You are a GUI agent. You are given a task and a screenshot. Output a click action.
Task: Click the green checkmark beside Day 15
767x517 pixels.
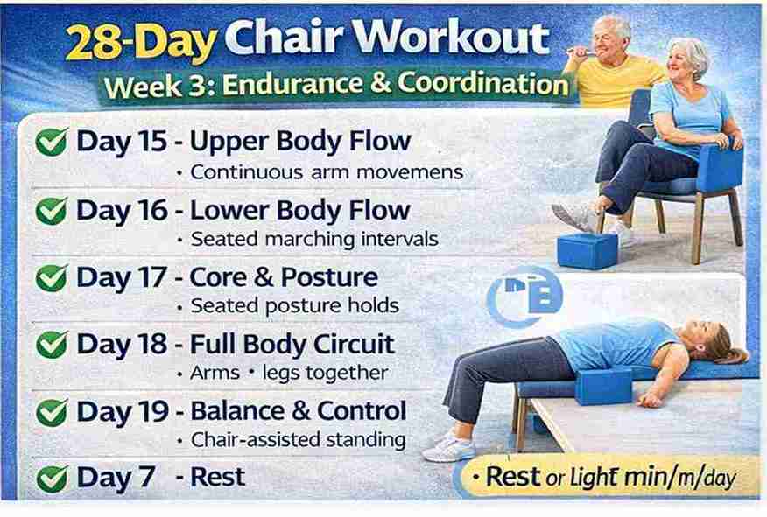coord(52,143)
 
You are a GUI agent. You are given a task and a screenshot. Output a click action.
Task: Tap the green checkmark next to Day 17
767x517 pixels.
coord(52,277)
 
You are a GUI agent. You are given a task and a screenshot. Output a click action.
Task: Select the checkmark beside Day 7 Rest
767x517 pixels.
coord(52,479)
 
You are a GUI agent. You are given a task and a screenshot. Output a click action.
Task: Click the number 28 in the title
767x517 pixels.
coord(93,43)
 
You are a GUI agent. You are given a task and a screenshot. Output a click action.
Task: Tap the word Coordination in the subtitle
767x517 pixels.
coord(482,83)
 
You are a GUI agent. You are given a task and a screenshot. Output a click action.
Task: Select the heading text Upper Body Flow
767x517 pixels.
coord(299,143)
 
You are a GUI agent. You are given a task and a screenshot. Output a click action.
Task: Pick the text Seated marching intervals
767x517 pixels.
coord(314,240)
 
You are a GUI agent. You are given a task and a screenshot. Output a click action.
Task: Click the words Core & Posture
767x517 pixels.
coord(283,277)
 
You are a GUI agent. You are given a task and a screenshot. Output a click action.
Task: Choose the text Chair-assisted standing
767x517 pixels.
coord(298,440)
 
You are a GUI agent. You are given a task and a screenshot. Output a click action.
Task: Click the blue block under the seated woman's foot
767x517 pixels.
coord(588,251)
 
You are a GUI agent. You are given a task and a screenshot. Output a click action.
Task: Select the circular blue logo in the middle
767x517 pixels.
coord(524,297)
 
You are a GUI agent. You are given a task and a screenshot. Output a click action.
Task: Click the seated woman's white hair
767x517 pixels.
coord(691,52)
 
